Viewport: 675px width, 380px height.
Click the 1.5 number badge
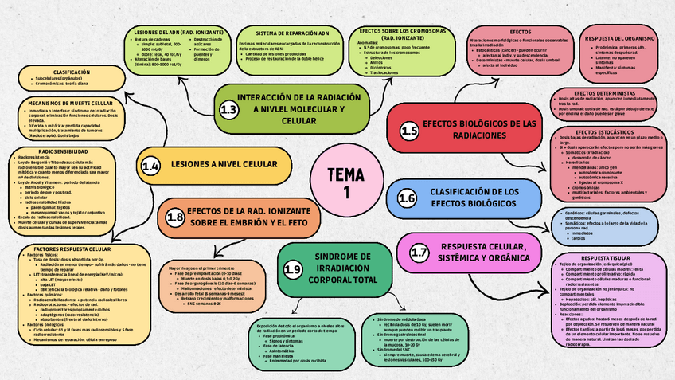pyautogui.click(x=409, y=131)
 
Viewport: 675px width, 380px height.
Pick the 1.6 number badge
pyautogui.click(x=407, y=198)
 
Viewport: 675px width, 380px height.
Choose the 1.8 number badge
pyautogui.click(x=175, y=217)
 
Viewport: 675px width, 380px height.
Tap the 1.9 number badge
pyautogui.click(x=292, y=271)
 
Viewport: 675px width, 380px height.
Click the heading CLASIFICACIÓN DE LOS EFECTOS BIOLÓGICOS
pyautogui.click(x=475, y=198)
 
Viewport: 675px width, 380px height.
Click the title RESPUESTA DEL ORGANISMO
pyautogui.click(x=620, y=37)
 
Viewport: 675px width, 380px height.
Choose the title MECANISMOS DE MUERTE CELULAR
pyautogui.click(x=69, y=104)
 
